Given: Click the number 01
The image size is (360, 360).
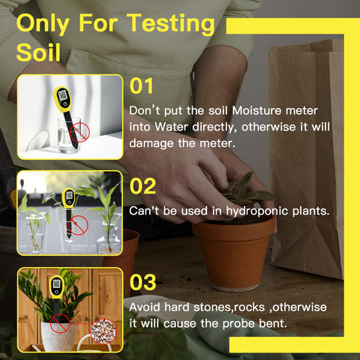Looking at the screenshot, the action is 141,86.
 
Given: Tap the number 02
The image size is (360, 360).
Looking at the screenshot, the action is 142,186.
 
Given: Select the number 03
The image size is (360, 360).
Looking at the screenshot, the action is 142,282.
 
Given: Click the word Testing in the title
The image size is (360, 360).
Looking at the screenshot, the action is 171,24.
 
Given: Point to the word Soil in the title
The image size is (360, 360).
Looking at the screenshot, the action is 38,52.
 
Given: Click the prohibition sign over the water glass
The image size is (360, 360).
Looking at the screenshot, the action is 79,132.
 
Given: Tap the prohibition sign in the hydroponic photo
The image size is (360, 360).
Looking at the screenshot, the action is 78,225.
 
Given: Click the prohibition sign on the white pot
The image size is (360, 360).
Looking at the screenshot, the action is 60,323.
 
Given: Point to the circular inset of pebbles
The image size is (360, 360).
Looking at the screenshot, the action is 103,331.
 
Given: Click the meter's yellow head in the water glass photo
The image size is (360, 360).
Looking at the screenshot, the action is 62,98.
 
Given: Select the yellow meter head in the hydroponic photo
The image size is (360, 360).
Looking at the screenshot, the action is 68,198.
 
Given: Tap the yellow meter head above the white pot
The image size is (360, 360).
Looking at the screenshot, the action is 57,286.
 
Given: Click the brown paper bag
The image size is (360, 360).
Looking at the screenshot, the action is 307,159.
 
